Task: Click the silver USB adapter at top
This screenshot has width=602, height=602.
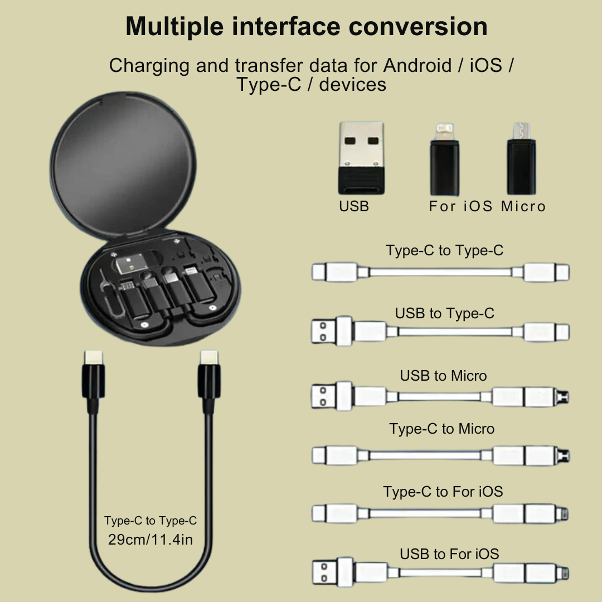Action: pos(361,157)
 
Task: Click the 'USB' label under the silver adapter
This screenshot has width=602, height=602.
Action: pos(354,206)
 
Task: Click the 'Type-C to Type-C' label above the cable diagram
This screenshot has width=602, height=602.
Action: pos(444,250)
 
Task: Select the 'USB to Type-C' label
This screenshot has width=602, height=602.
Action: pos(444,313)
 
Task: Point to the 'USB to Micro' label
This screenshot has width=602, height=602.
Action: pos(443,376)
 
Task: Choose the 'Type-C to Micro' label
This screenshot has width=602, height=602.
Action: pos(442,429)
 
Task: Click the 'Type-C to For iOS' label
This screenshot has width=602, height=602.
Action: pos(443,492)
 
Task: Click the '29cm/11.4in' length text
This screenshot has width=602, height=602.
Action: pos(151,540)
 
